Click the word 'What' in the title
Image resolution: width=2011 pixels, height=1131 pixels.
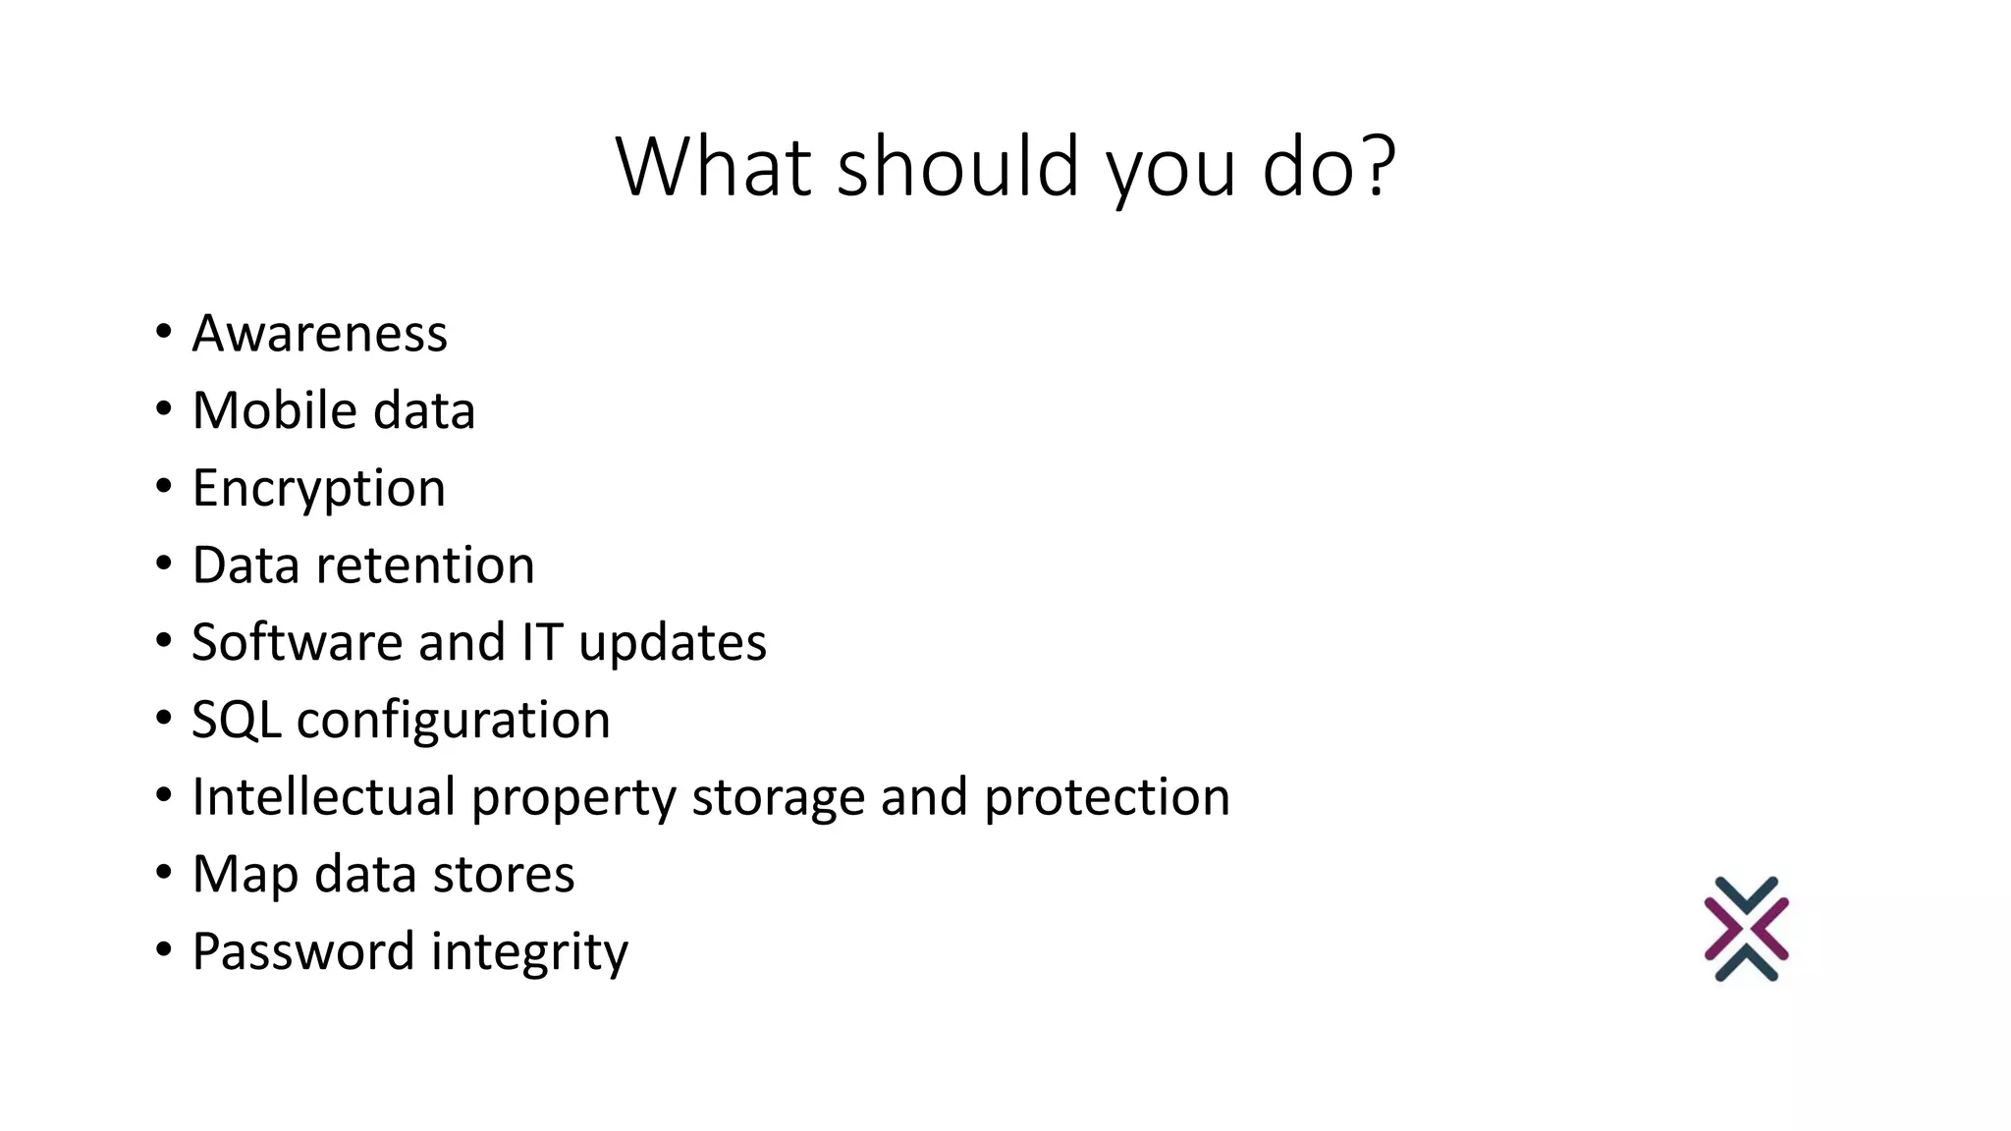pos(713,167)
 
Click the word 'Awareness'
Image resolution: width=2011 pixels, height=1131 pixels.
pos(320,334)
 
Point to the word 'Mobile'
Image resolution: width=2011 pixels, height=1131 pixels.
pos(260,410)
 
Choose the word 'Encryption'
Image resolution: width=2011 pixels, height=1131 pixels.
pos(319,489)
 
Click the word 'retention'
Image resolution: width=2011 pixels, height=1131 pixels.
pos(425,565)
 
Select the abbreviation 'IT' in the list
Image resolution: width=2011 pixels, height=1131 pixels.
pos(542,643)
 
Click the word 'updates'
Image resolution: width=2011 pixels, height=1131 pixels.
pos(673,643)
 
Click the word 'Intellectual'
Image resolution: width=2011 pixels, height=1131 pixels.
pos(324,796)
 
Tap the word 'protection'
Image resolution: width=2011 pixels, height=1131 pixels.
pos(1107,797)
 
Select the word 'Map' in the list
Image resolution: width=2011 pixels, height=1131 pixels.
pos(245,875)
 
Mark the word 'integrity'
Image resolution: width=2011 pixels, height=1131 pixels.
pos(529,952)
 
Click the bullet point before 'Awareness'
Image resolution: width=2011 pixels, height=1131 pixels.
pos(163,332)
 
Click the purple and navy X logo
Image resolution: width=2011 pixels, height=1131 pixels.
pos(1746,929)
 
